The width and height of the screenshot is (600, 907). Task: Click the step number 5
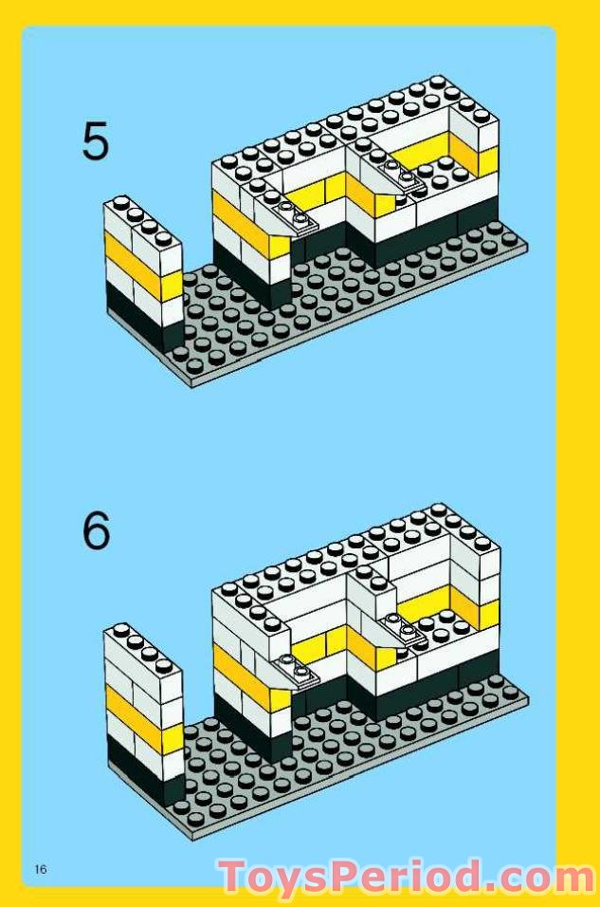(x=96, y=140)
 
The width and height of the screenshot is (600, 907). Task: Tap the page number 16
(x=40, y=869)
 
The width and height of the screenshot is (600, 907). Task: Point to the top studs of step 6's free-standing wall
(x=142, y=645)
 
